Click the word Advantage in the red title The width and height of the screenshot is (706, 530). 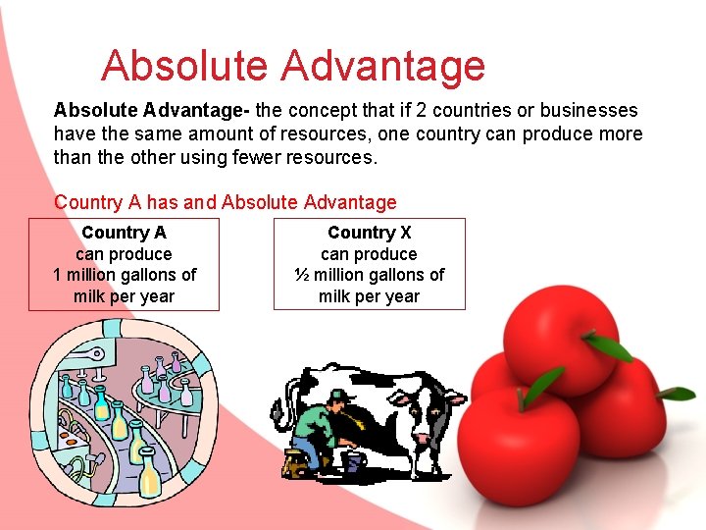pyautogui.click(x=382, y=66)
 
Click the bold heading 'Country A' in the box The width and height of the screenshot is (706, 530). pyautogui.click(x=124, y=233)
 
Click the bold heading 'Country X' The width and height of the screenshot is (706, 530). pyautogui.click(x=369, y=233)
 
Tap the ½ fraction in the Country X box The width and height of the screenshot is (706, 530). pyautogui.click(x=302, y=275)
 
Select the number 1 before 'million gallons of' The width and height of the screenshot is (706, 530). pyautogui.click(x=58, y=275)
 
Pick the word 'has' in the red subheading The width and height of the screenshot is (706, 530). pyautogui.click(x=163, y=203)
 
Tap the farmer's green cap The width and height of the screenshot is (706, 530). pyautogui.click(x=338, y=396)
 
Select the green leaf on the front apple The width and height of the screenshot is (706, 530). pyautogui.click(x=541, y=384)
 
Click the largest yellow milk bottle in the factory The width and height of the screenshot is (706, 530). pyautogui.click(x=150, y=473)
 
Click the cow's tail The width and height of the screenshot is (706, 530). pyautogui.click(x=291, y=397)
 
